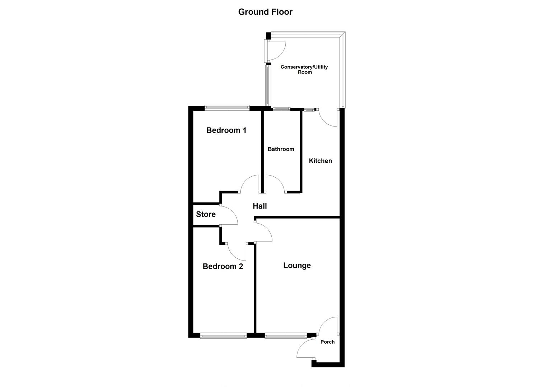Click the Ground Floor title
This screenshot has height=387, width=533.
click(x=265, y=12)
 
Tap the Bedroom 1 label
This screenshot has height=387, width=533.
click(x=226, y=130)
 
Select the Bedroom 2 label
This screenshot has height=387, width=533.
click(x=223, y=266)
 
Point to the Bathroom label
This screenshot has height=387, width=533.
click(x=281, y=149)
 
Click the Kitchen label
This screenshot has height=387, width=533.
click(x=320, y=161)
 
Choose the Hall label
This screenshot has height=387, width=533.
click(x=260, y=206)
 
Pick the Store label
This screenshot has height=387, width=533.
click(x=206, y=214)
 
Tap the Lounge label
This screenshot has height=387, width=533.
click(x=297, y=266)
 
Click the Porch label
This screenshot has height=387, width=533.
click(x=327, y=342)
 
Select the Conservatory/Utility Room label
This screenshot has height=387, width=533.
click(x=304, y=70)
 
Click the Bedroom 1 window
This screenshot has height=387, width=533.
click(x=227, y=106)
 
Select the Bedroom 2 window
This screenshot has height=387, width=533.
click(x=223, y=336)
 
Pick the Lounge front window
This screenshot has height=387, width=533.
click(x=285, y=336)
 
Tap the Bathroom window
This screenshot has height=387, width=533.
click(x=282, y=109)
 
